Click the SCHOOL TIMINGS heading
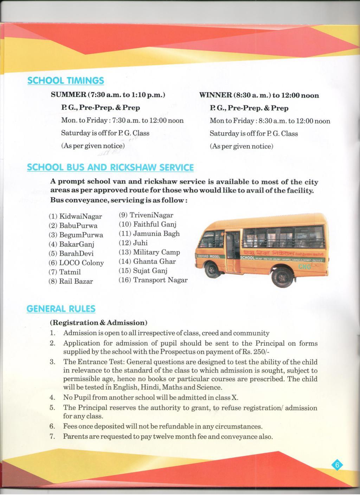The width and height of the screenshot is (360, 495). [x=66, y=80]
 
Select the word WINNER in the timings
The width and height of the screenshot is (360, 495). [x=213, y=96]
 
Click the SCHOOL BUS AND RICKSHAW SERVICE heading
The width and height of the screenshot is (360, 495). [x=110, y=167]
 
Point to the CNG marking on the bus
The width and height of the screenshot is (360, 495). [x=304, y=267]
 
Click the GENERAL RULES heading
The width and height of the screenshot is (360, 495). [x=61, y=309]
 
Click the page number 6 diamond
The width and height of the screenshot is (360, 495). [x=337, y=465]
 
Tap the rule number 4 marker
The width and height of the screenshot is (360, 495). [x=52, y=398]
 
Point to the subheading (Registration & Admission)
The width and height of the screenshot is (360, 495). [x=98, y=323]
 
